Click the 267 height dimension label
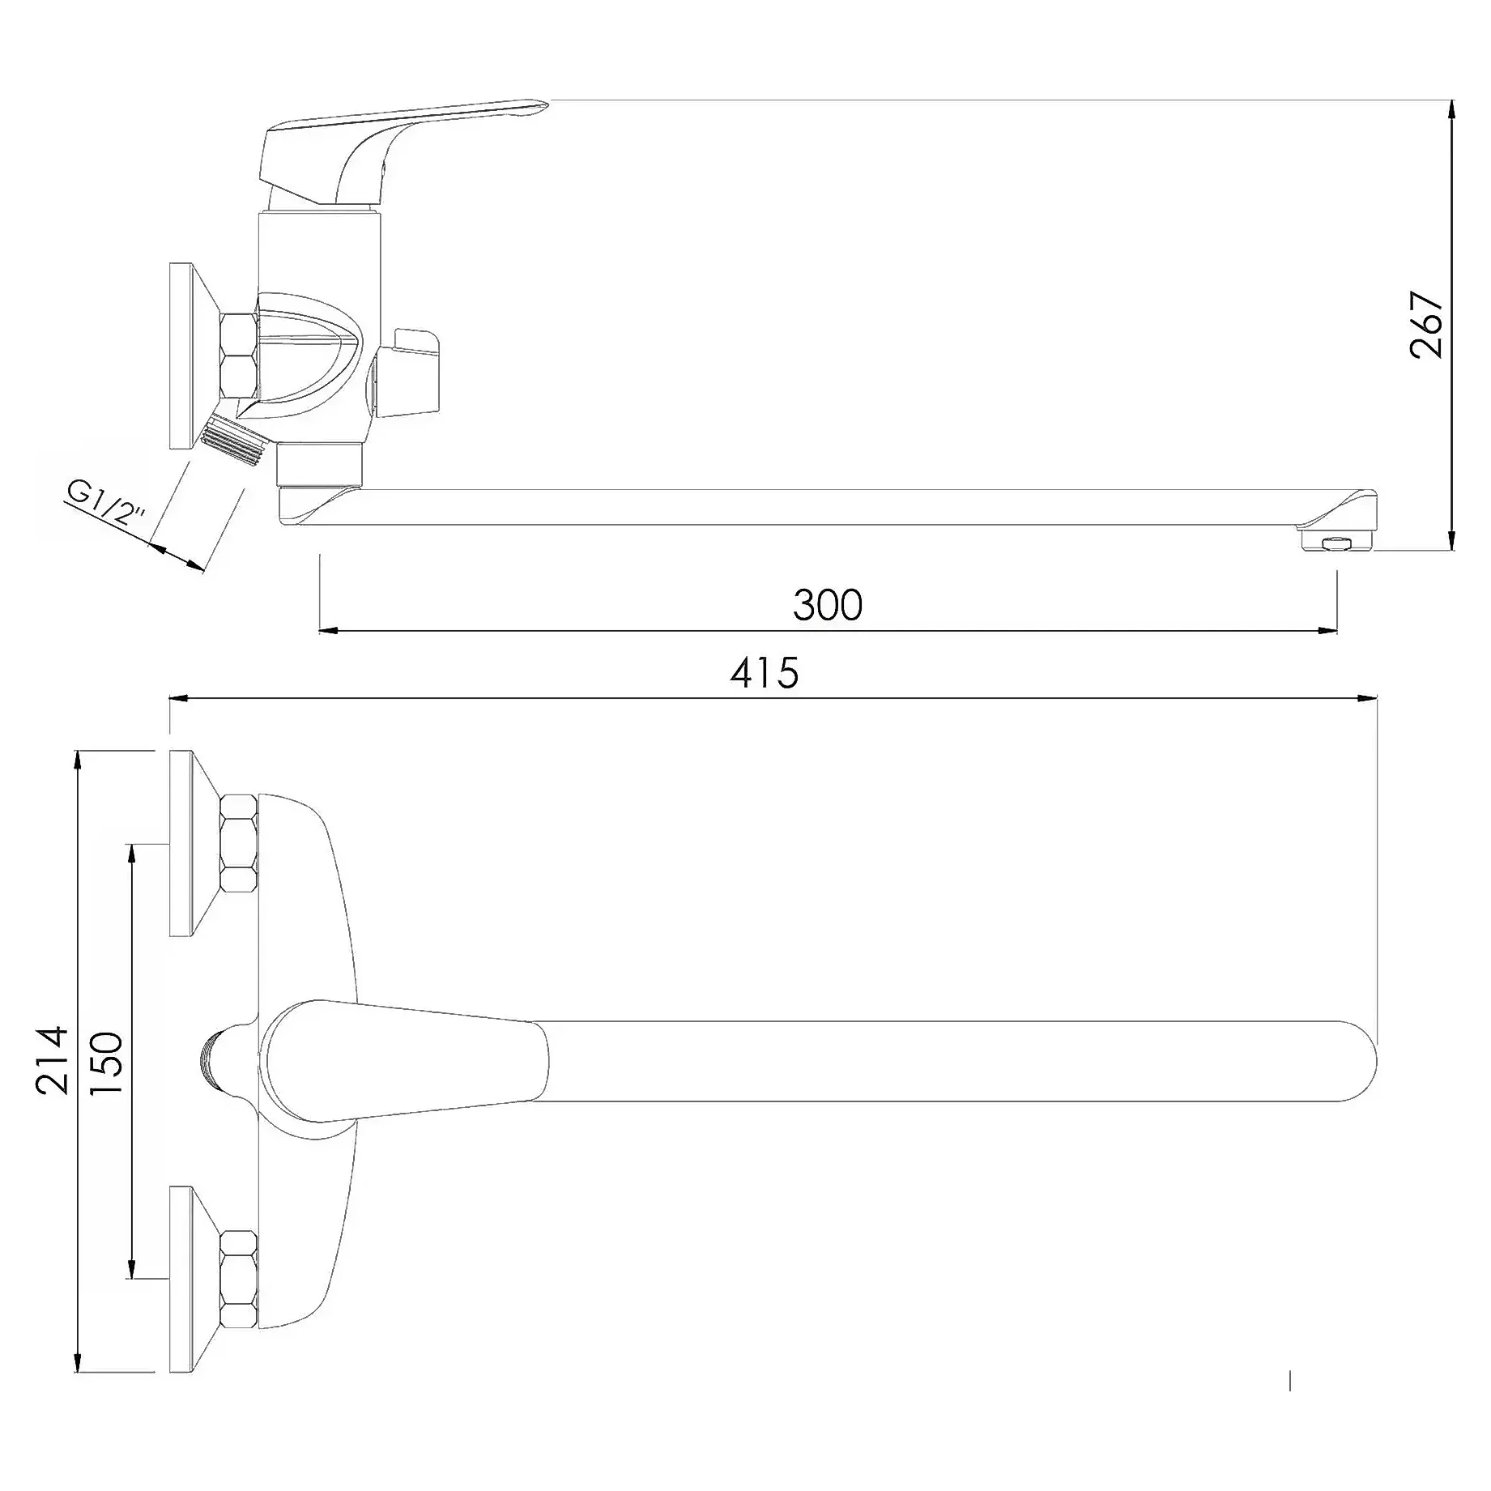[x=1426, y=324]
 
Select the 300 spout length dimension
[x=828, y=605]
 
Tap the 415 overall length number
[x=765, y=673]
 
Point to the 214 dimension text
[x=52, y=1060]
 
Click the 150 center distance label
[x=106, y=1063]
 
